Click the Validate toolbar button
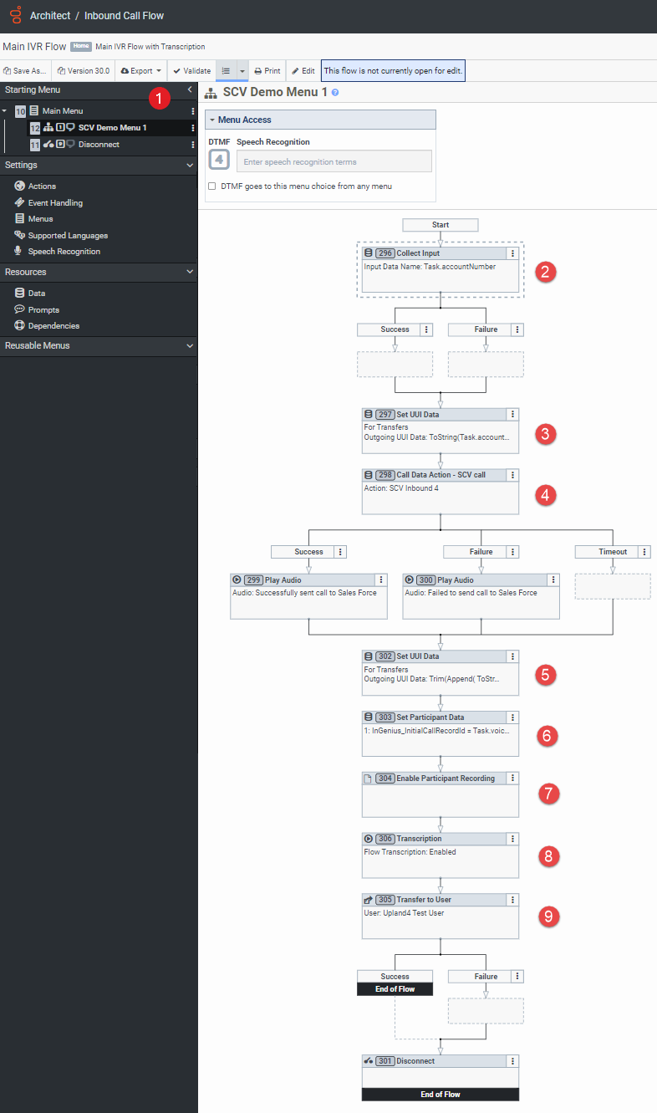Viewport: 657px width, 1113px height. coord(191,71)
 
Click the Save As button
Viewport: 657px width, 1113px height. coord(26,71)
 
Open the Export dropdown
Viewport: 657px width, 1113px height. coord(141,71)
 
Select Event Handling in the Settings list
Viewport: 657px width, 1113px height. coord(55,202)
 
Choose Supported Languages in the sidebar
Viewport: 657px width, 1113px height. coord(68,235)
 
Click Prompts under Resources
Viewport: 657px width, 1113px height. coord(43,309)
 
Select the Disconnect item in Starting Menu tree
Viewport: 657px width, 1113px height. coord(99,145)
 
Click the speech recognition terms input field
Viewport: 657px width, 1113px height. coord(334,161)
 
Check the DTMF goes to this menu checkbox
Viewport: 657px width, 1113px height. coord(211,186)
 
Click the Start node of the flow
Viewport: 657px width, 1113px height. coord(441,225)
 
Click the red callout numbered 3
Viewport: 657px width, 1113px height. coord(545,433)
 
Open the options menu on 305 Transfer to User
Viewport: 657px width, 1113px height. coord(512,900)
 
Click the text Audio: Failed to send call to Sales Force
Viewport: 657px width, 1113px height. coord(471,593)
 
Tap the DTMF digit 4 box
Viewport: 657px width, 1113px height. coord(219,159)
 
